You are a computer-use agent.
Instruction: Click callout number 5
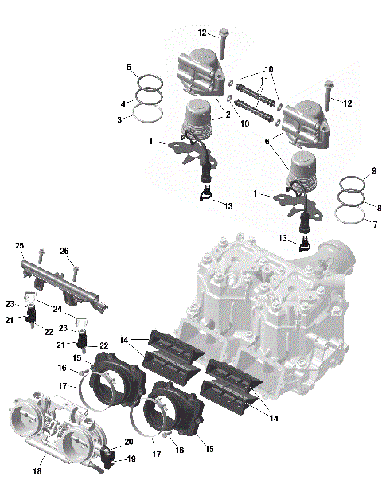click(x=128, y=68)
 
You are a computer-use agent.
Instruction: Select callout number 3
click(x=120, y=119)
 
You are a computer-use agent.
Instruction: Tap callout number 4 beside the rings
click(x=123, y=104)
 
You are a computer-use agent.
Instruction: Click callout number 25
click(x=19, y=245)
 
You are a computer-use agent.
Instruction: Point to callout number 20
click(x=129, y=443)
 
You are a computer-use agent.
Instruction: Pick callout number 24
click(x=58, y=309)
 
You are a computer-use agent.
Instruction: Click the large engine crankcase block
click(x=271, y=310)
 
